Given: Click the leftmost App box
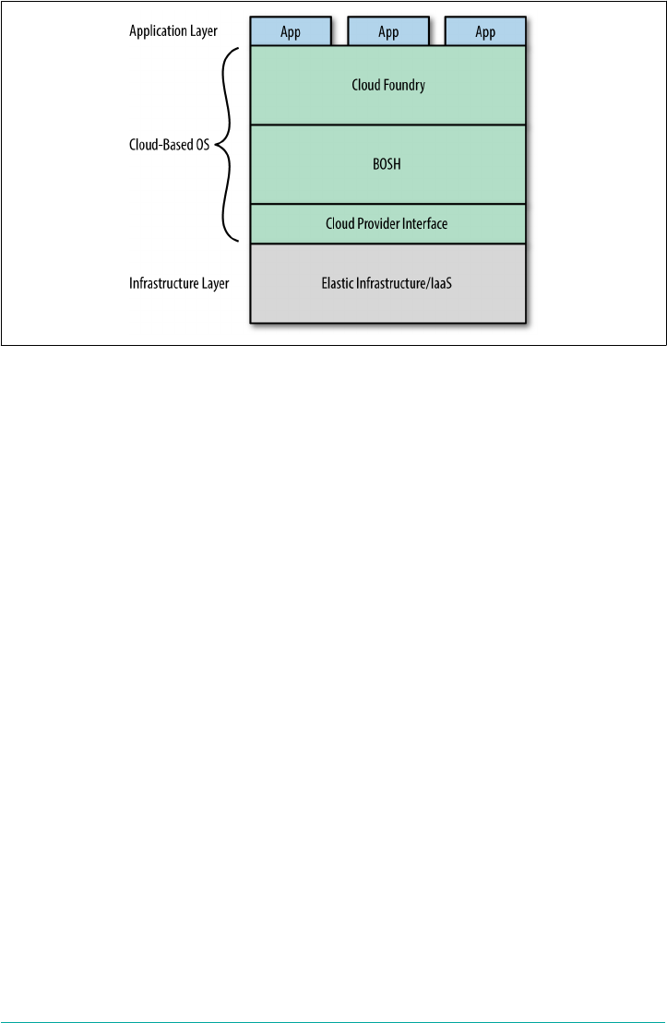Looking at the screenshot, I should (x=291, y=32).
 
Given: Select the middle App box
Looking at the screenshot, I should (x=388, y=32).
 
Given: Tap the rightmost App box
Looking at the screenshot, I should (x=485, y=32).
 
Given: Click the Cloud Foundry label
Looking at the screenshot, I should (x=388, y=85).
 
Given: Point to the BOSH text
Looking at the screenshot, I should (x=388, y=165).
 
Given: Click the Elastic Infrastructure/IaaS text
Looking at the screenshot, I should (x=388, y=283).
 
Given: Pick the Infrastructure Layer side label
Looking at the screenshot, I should (x=179, y=283).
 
